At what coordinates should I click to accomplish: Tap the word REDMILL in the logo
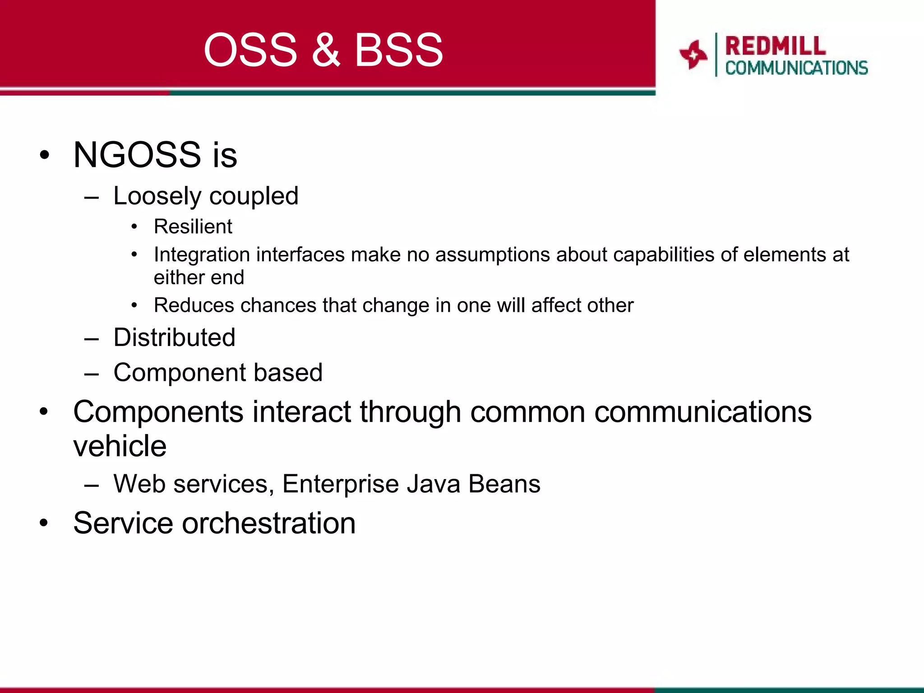click(x=775, y=46)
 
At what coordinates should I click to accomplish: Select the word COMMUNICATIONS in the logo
click(x=796, y=68)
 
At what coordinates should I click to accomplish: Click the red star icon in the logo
click(x=693, y=55)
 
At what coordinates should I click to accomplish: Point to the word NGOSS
click(x=137, y=155)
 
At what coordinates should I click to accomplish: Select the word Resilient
click(x=193, y=226)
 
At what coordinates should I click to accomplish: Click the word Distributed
click(x=174, y=337)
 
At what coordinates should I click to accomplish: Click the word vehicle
click(x=120, y=446)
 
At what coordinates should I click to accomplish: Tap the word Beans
click(x=504, y=484)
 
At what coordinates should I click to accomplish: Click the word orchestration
click(x=268, y=523)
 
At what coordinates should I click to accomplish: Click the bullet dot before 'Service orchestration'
click(x=43, y=523)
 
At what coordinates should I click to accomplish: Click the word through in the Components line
click(x=410, y=412)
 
